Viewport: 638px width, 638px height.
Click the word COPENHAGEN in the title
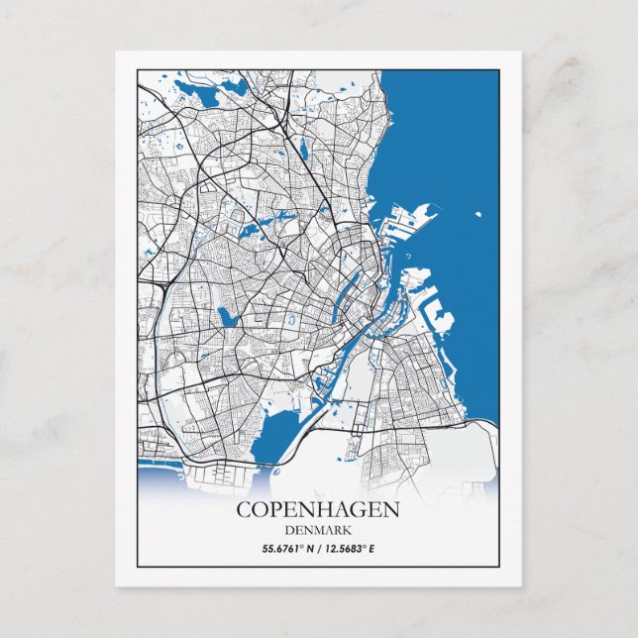[318, 510]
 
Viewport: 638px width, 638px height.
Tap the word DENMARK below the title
[318, 529]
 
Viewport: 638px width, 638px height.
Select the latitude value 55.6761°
[281, 548]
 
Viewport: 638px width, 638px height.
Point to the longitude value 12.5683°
[350, 548]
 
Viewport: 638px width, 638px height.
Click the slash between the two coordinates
[318, 548]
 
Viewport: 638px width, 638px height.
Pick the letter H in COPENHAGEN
[329, 510]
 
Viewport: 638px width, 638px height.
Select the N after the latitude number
[306, 548]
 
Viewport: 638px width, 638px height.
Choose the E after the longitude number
[375, 548]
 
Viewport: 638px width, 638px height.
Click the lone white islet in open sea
[479, 214]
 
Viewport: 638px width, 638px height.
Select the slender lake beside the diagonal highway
[304, 149]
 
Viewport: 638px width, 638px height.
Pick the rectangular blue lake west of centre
[229, 318]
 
